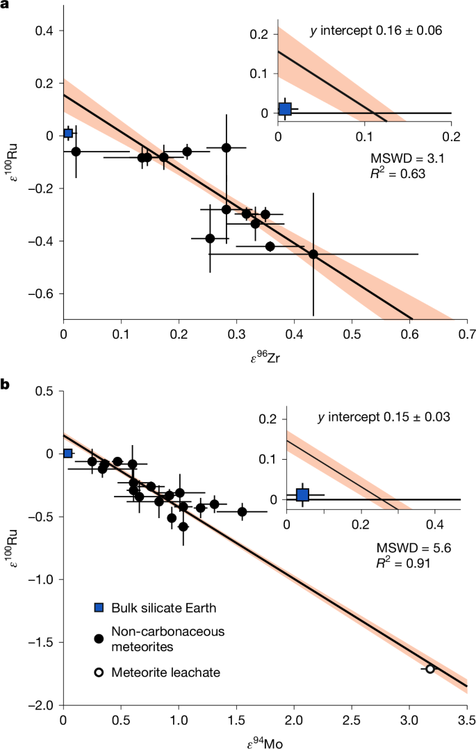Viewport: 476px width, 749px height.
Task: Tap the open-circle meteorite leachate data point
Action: point(430,668)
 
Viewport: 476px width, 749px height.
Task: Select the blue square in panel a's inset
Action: point(284,109)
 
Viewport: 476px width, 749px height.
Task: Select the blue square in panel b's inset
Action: point(302,494)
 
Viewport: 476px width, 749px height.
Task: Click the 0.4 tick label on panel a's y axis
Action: point(46,31)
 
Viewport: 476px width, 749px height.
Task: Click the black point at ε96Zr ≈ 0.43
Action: point(313,254)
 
